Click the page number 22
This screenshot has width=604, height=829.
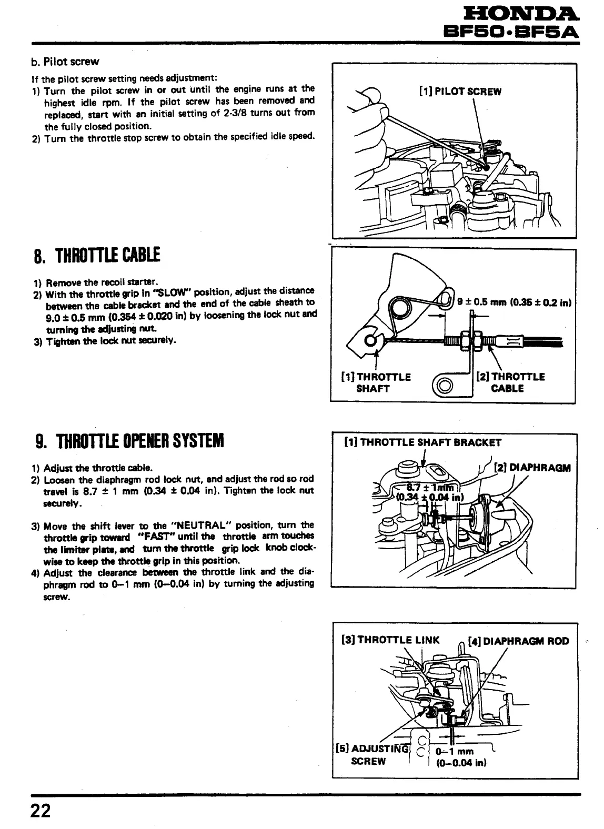(40, 811)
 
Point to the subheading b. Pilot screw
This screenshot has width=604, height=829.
(65, 62)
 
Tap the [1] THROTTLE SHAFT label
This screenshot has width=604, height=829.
(376, 383)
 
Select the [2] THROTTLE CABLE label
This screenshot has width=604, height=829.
(510, 383)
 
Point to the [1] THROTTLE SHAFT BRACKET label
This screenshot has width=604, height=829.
(422, 442)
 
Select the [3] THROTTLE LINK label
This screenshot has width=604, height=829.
(390, 641)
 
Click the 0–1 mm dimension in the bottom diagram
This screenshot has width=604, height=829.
(455, 751)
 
